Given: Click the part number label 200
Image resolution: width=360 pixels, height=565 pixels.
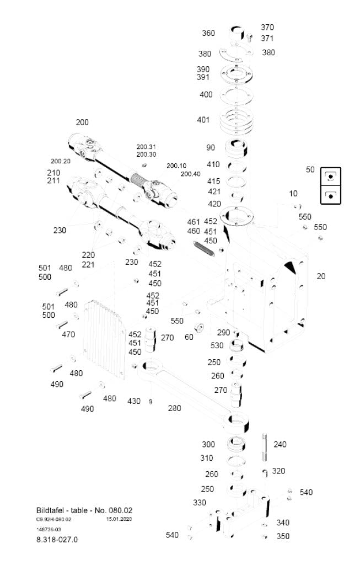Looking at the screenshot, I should pos(82,122).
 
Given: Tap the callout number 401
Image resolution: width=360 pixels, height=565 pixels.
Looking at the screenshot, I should pos(203,120).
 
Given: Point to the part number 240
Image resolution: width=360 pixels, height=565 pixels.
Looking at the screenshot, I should pos(280,444).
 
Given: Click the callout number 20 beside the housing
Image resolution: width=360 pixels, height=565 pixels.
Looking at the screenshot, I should pos(321,276).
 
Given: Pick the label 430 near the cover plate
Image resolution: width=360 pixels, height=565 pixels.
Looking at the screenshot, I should pos(134,401).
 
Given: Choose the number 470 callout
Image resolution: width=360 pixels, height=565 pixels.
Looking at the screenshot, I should pos(68,334).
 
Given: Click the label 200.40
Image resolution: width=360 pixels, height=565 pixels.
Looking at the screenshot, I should pos(190,174).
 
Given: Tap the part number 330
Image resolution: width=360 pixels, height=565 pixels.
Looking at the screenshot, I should pos(199,503).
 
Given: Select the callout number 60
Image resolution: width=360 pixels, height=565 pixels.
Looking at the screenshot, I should pos(189,337).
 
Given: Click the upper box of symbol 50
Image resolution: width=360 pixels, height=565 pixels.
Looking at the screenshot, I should pos(331,177).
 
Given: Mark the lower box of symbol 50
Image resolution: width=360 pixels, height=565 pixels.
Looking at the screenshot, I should pos(331,195).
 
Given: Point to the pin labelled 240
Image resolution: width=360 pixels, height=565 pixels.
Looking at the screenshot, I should pos(266,445).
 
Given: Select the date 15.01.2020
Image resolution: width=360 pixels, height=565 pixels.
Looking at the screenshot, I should pos(119,519).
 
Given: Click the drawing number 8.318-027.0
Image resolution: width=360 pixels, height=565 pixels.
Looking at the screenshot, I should pos(53,540).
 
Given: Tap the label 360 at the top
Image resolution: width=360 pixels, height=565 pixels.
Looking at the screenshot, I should pos(208,33).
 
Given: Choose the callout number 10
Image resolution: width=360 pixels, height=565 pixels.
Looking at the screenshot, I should pos(293,194).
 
